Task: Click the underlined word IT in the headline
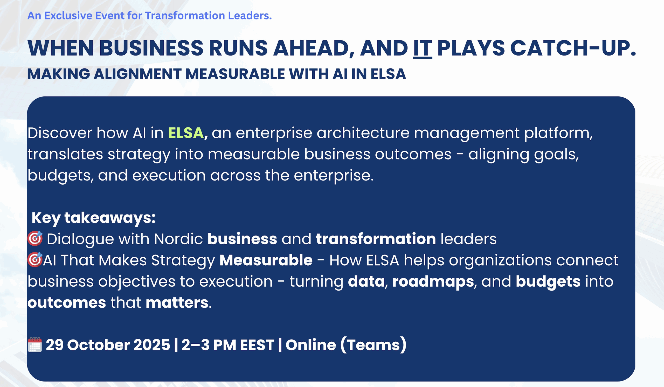(422, 49)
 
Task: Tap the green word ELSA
(186, 133)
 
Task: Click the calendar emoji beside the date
(35, 344)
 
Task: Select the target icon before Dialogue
(35, 238)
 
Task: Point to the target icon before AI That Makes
(35, 260)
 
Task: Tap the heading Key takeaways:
(94, 218)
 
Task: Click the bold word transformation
(376, 239)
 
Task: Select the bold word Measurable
(266, 260)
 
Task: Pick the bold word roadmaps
(433, 282)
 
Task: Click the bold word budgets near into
(548, 282)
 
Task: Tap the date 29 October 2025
(108, 345)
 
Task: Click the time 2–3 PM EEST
(228, 345)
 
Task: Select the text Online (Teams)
(346, 345)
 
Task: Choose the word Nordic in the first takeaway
(178, 239)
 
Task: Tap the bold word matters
(177, 302)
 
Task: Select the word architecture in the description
(363, 133)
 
